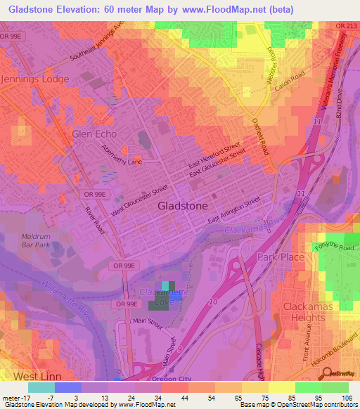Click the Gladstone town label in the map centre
coord(182,207)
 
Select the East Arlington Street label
coord(234,211)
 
